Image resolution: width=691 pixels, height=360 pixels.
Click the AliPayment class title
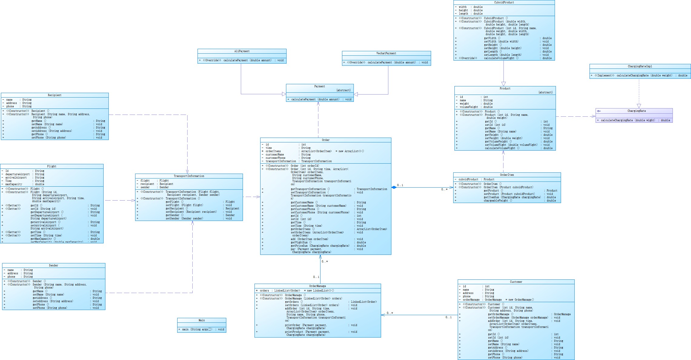point(242,51)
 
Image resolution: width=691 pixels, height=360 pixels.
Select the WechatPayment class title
point(386,53)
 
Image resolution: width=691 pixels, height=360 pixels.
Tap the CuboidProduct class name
point(504,2)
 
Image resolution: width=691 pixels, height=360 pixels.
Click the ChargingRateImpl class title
point(640,66)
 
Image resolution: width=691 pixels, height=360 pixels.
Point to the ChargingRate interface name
point(636,111)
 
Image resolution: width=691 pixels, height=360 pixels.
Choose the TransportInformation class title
point(189,176)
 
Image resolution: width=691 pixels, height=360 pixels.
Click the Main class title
point(201,320)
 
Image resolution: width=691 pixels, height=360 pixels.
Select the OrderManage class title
point(317,286)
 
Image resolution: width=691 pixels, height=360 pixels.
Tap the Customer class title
point(516,282)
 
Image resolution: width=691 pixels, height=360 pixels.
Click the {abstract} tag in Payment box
point(343,90)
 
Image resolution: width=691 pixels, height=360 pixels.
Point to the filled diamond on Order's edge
point(394,187)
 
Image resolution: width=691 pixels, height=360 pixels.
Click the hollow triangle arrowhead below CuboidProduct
point(503,84)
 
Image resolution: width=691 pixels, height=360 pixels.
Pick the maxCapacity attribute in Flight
point(14,184)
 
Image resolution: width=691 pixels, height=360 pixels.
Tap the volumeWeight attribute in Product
point(469,107)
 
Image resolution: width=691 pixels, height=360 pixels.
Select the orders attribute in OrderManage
point(264,291)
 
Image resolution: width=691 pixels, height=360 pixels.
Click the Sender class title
point(54,265)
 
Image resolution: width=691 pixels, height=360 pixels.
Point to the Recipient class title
point(55,95)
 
